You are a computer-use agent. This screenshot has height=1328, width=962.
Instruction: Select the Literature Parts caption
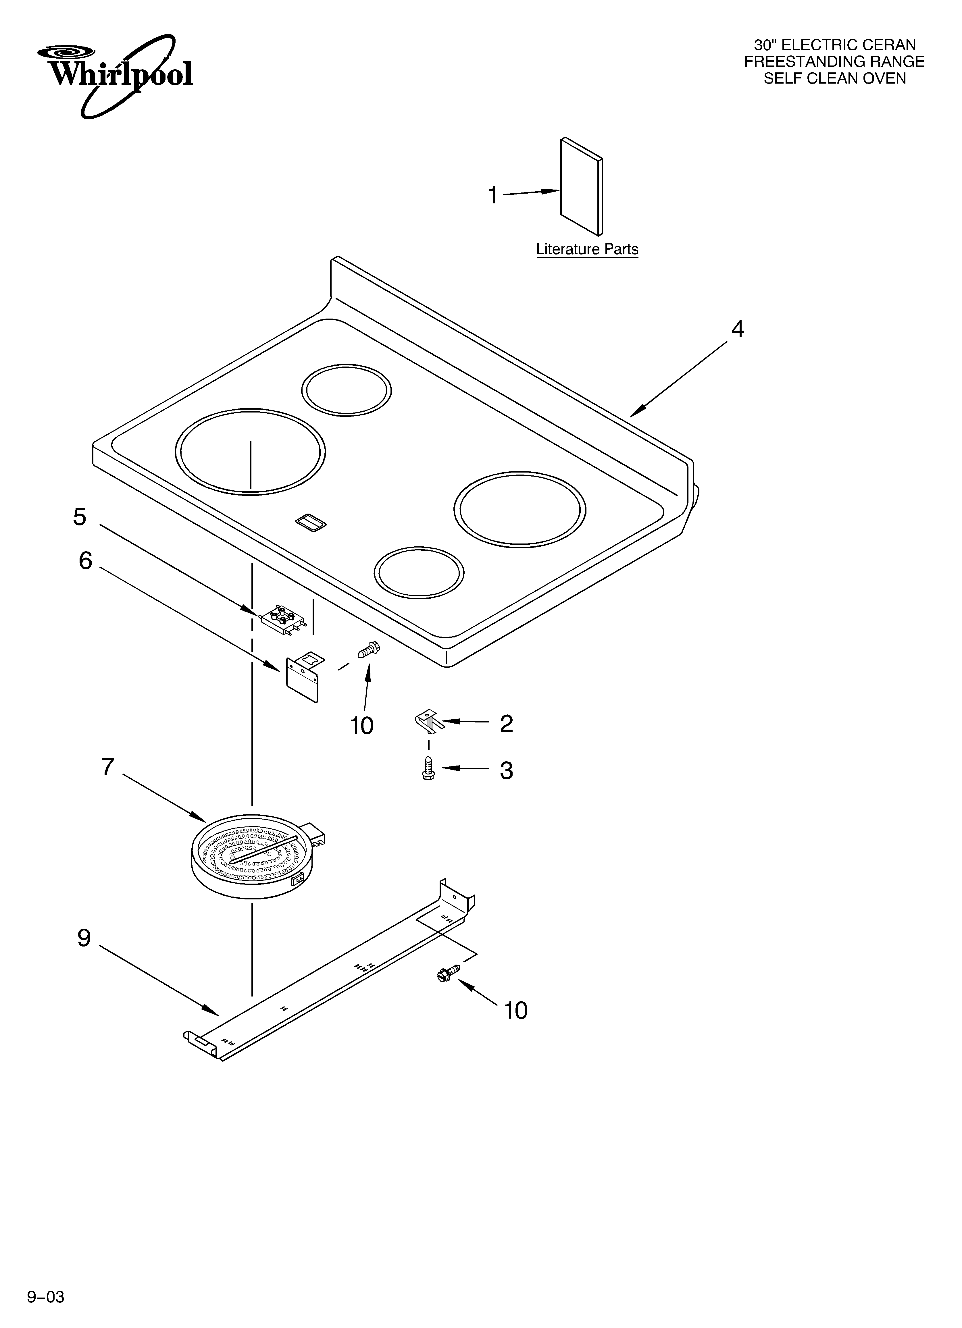(x=587, y=249)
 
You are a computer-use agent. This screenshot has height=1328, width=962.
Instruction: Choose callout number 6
(x=86, y=561)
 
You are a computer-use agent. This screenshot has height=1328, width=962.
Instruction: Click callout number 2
(x=506, y=724)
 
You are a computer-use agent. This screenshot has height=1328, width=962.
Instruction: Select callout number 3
(x=506, y=770)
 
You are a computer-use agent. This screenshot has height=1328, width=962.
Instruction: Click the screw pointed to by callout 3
(x=428, y=769)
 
